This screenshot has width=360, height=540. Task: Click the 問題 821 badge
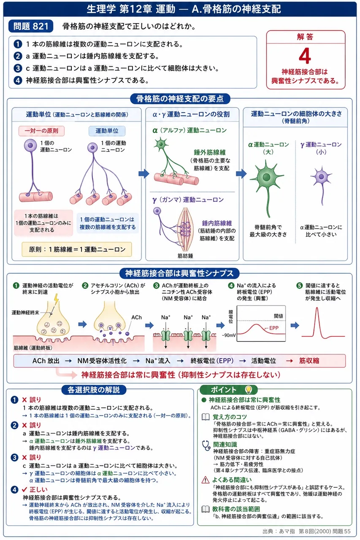[x=31, y=26]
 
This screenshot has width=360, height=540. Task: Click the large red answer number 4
[x=305, y=56]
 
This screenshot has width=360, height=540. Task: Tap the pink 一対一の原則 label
[x=41, y=131]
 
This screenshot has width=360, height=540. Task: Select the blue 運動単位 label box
[x=107, y=131]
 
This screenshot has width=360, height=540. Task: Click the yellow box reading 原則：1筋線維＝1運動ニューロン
[x=77, y=249]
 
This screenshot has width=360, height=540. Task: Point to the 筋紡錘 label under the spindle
[x=185, y=256]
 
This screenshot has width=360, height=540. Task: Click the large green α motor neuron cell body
[x=267, y=177]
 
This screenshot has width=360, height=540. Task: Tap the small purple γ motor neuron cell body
[x=321, y=177]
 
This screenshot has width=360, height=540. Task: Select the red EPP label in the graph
[x=273, y=328]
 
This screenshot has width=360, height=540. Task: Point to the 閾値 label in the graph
[x=279, y=316]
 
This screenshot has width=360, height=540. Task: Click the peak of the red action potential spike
[x=317, y=308]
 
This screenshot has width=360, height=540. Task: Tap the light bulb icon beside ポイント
[x=248, y=389]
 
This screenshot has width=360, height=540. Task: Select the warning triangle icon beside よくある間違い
[x=206, y=480]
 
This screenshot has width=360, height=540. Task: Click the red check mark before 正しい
[x=24, y=489]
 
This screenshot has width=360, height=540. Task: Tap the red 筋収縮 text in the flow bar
[x=309, y=361]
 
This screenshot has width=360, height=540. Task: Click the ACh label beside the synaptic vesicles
[x=136, y=317]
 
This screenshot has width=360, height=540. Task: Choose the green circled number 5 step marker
[x=299, y=286]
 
